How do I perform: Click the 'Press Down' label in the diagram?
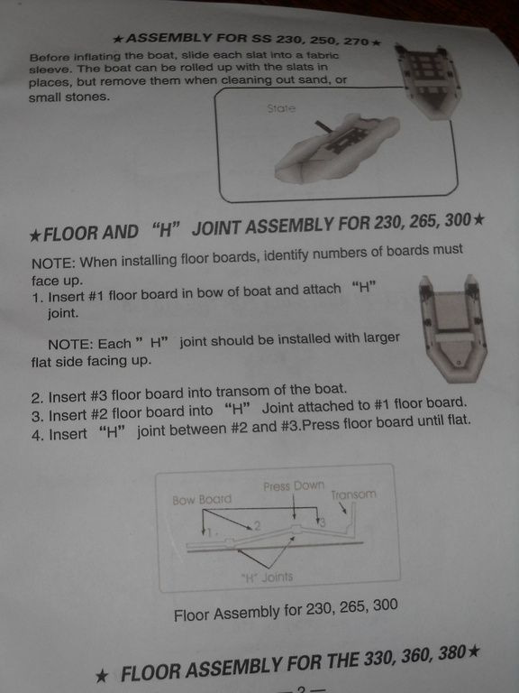coord(294,486)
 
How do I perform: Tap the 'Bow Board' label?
coord(202,499)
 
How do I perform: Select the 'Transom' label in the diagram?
coord(353,494)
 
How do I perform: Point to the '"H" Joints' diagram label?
coord(267,577)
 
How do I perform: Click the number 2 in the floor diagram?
coord(258,525)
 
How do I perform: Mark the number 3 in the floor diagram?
coord(323,522)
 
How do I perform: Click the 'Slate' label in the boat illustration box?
coord(281,108)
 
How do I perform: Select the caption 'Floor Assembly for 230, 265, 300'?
coord(286,610)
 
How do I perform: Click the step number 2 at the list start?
coord(36,398)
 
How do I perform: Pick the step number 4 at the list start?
coord(36,435)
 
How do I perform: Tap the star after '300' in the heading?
coord(478,218)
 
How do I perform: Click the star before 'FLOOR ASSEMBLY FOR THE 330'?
coord(102,676)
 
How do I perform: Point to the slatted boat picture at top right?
coord(427,81)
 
